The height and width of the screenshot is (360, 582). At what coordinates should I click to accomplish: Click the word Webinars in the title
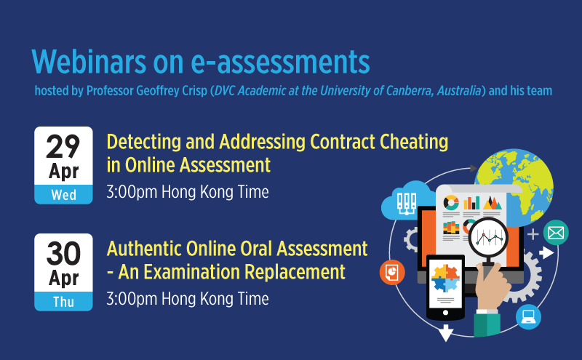89,61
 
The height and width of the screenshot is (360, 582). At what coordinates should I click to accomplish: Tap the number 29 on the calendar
63,146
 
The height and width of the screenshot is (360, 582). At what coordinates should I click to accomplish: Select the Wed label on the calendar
63,195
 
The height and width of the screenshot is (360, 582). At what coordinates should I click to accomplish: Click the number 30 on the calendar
63,254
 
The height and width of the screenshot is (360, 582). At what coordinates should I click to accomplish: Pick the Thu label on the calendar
63,302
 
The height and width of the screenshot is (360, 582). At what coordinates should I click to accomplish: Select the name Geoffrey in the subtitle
158,91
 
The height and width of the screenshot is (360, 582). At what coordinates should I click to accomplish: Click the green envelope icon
556,233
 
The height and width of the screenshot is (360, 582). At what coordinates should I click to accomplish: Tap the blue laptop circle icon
528,316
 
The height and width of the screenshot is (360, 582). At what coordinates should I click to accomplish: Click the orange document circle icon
392,272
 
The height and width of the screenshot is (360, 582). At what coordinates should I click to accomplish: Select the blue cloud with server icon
407,201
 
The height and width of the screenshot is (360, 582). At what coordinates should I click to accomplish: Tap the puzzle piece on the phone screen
446,278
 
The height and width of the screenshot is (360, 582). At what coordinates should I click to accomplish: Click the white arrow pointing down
446,332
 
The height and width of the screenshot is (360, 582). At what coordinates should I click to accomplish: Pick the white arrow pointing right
546,253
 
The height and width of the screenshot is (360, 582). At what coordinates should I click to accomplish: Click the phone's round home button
445,313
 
